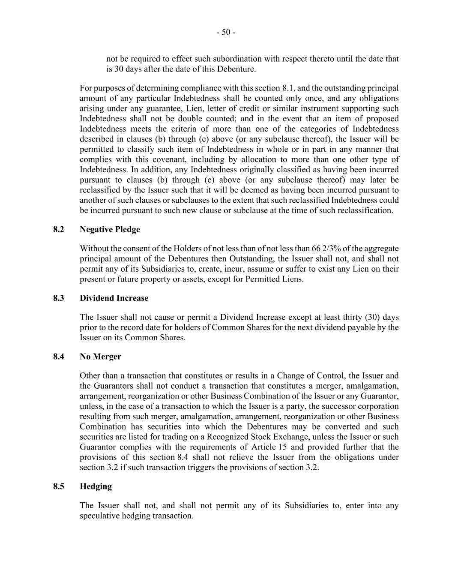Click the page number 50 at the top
(226, 32)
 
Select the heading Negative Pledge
(110, 229)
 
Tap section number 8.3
(59, 298)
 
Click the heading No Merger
(100, 356)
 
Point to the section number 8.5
(59, 486)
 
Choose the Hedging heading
(96, 486)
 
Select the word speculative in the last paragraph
(101, 516)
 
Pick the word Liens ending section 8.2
(293, 279)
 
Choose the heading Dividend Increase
(114, 298)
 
